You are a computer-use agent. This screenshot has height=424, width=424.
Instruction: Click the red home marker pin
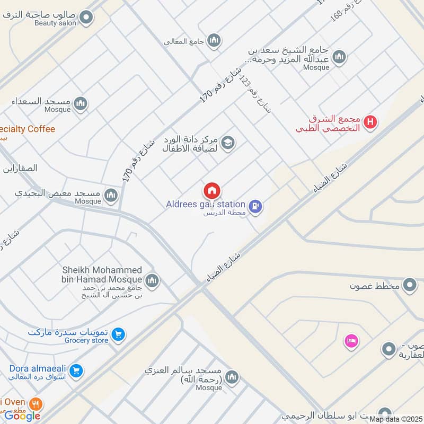point(211,190)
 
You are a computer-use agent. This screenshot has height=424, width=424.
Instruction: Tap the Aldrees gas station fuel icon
point(256,207)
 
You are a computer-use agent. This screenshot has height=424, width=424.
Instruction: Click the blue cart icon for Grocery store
point(119,334)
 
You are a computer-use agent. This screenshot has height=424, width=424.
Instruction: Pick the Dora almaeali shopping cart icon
point(76,371)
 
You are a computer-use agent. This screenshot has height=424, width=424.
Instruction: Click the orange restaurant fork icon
point(36,403)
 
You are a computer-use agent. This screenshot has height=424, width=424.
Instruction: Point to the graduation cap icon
point(228,143)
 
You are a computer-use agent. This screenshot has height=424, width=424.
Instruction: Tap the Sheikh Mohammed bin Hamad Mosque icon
point(152,280)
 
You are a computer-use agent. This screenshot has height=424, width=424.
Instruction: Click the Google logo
point(22,416)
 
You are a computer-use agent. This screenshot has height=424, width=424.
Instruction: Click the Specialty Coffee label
point(28,129)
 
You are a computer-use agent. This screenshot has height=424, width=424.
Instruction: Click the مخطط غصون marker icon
point(409,286)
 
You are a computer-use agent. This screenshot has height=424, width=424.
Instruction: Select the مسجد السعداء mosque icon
point(81,102)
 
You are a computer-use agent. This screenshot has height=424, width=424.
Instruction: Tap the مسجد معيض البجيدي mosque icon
point(111,196)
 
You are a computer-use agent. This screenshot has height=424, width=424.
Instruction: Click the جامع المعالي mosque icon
point(214,40)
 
